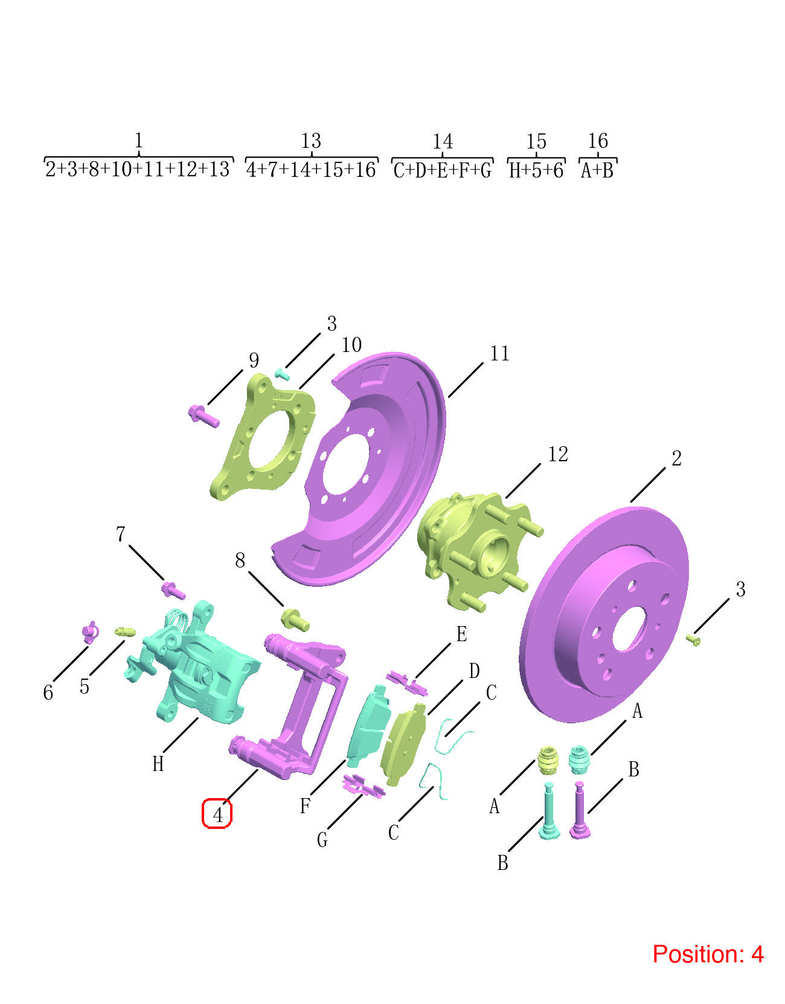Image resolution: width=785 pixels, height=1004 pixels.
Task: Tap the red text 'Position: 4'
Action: coord(708,954)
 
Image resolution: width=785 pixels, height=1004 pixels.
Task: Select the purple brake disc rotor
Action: coord(604,614)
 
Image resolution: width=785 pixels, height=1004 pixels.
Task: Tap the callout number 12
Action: coord(558,455)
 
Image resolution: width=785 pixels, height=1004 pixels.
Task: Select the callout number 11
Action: coord(499,354)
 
